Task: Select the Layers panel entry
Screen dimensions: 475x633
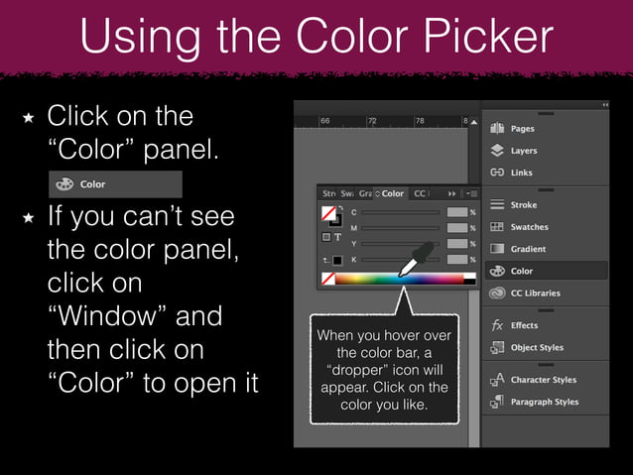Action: point(523,151)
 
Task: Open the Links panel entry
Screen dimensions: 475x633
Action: point(522,173)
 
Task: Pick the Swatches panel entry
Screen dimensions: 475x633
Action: point(529,227)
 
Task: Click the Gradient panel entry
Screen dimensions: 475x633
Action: point(528,249)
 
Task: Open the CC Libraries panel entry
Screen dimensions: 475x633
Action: point(535,293)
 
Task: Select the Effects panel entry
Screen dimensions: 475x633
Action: point(524,325)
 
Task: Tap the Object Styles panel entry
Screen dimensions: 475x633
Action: point(536,347)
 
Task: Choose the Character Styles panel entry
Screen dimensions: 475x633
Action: point(543,380)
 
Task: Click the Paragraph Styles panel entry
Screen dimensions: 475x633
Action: point(544,402)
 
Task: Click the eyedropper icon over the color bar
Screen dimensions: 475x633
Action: point(414,259)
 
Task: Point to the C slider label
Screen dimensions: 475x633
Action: point(354,212)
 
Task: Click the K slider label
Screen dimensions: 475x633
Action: point(354,259)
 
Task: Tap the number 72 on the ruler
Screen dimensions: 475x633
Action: point(372,120)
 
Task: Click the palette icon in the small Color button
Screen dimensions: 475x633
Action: point(64,183)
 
